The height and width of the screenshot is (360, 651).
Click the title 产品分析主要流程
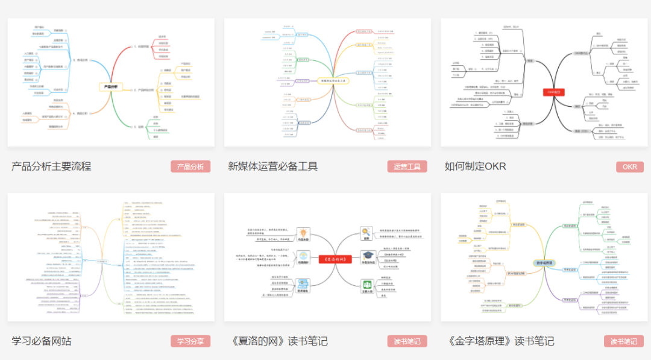click(x=51, y=166)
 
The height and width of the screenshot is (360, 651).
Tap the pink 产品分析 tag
click(x=190, y=167)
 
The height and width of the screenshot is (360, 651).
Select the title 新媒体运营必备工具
click(x=273, y=166)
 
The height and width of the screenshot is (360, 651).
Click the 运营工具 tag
click(x=407, y=167)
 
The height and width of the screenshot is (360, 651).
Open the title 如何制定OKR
click(x=476, y=166)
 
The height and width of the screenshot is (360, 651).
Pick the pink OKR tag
click(x=630, y=167)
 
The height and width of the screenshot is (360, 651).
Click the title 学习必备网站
click(x=42, y=341)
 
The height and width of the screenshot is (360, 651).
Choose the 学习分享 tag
click(x=190, y=341)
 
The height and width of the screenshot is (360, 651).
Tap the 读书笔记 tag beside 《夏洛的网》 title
click(x=407, y=341)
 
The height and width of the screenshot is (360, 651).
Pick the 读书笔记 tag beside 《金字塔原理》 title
click(x=624, y=341)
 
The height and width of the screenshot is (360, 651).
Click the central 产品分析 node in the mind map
click(x=111, y=87)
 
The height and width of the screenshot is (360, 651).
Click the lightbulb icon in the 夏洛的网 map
click(x=303, y=232)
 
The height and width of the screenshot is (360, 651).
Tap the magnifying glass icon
click(x=366, y=232)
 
